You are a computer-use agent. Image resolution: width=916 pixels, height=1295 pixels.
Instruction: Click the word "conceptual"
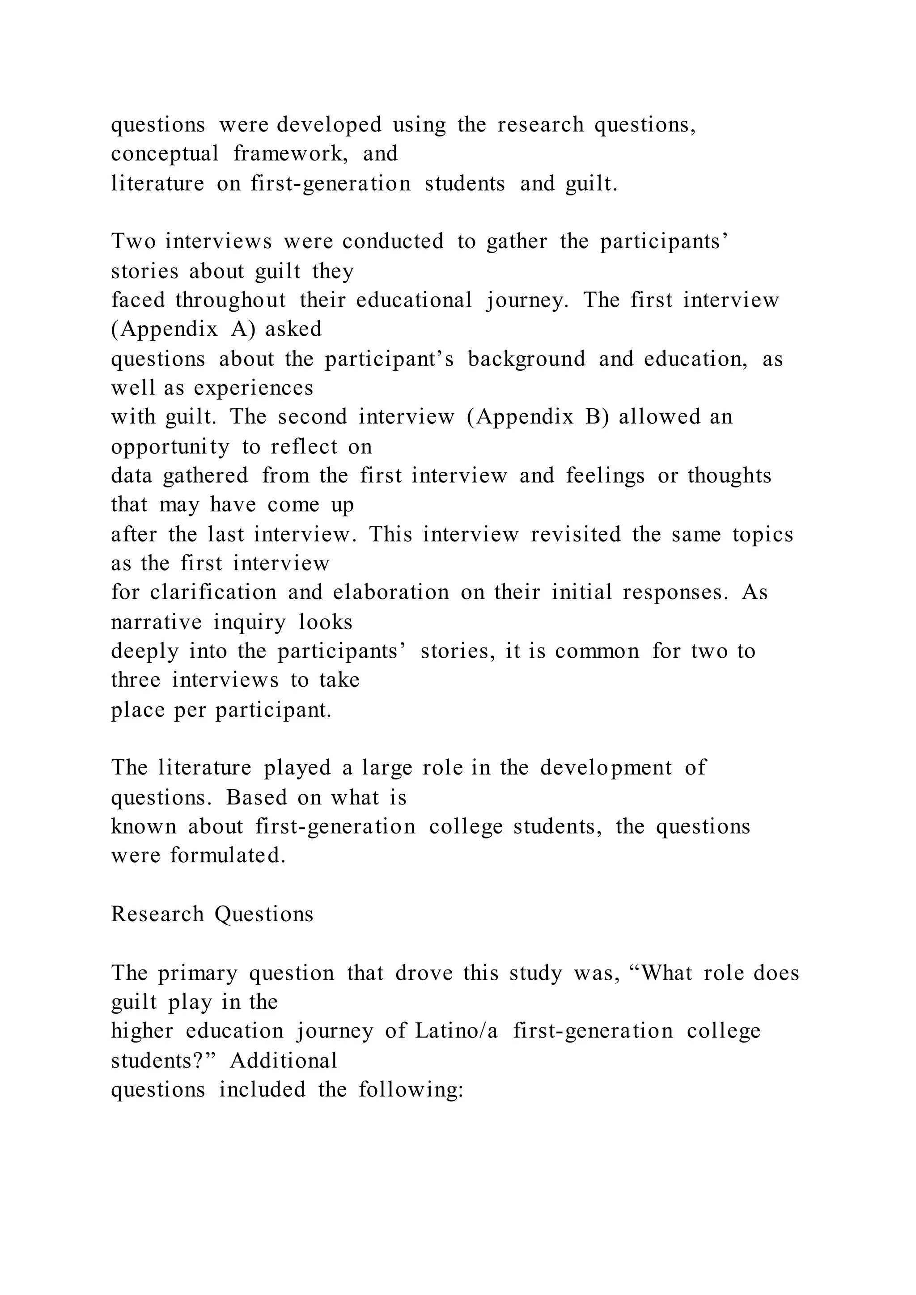coord(165,153)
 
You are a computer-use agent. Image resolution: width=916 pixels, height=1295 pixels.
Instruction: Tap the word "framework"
coord(291,153)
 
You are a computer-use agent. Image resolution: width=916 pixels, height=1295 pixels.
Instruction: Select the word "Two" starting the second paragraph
coord(133,241)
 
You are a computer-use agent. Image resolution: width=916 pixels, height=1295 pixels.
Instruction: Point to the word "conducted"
coord(393,241)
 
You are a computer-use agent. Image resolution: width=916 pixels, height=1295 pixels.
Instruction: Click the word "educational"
coord(414,300)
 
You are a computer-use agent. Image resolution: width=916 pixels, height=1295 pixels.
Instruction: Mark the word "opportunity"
coord(170,447)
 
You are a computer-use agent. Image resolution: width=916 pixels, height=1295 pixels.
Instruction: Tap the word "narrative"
coord(156,622)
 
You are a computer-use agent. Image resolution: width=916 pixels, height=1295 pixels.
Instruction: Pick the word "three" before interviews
coord(136,680)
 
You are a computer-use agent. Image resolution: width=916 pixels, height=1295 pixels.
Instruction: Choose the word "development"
coord(606,768)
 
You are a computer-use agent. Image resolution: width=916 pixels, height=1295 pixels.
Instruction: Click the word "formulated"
coord(228,855)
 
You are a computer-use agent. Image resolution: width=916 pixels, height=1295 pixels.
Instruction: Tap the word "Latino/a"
coord(457,1031)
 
